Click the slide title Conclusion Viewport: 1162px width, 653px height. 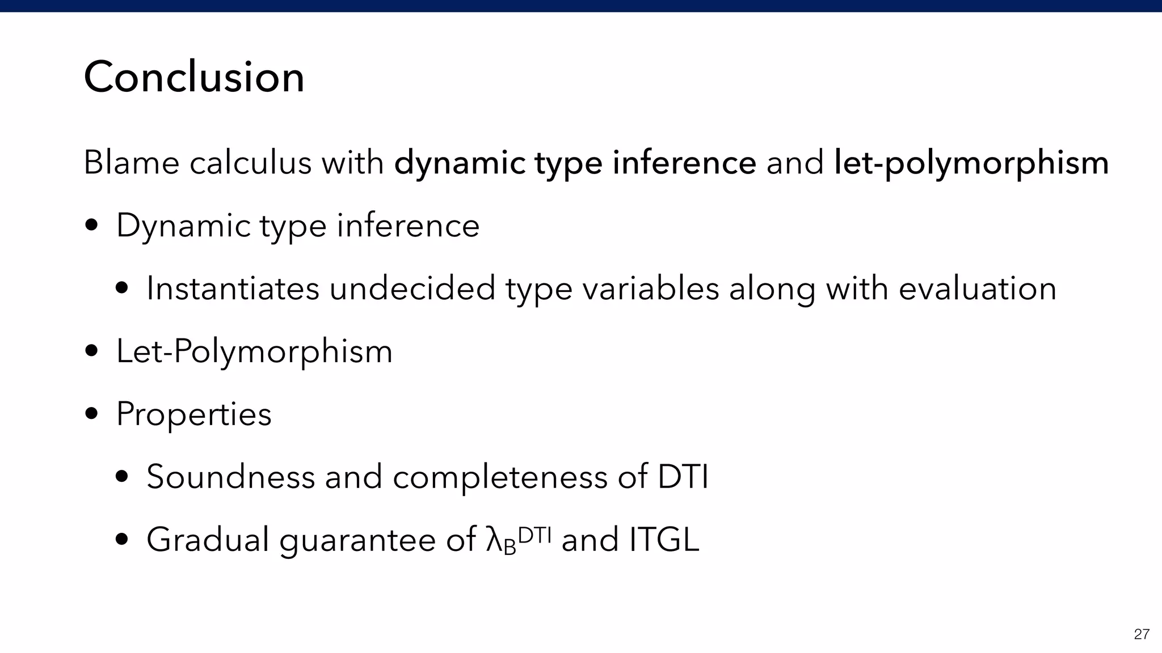point(194,77)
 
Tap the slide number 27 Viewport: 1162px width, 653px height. point(1142,634)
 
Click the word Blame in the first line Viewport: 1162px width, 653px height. point(132,163)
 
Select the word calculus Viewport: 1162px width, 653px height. point(250,163)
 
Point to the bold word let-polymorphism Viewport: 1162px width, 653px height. point(971,163)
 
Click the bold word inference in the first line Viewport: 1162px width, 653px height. point(684,163)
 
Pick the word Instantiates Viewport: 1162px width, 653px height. point(233,289)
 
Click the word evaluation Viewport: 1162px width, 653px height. point(977,289)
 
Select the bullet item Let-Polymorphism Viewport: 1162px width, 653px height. point(254,351)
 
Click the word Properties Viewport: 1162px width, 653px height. point(194,414)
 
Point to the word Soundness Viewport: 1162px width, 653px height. point(230,477)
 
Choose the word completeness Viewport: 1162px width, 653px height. point(500,477)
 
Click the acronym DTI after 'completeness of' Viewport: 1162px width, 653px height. point(683,477)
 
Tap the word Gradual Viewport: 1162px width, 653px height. point(208,540)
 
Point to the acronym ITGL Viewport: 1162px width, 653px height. point(664,540)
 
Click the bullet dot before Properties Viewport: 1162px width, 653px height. point(91,414)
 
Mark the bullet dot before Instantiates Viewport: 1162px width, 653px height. point(121,289)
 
